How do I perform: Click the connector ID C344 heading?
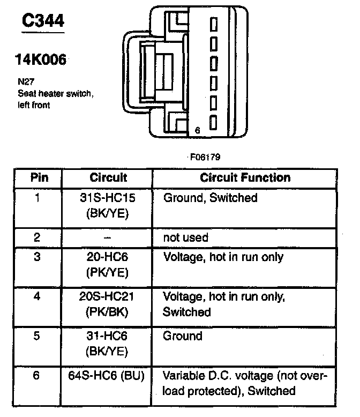[42, 21]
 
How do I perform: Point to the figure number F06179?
[204, 157]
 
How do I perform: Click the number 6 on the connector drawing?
[197, 130]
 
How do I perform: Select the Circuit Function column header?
[245, 177]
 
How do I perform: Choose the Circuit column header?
[108, 177]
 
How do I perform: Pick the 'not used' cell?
[185, 236]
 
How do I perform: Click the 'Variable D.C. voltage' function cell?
[244, 383]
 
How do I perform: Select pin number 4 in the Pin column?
[36, 296]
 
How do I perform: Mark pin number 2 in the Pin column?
[36, 236]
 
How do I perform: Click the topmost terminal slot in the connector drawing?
[214, 24]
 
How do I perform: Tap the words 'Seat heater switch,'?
[56, 94]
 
